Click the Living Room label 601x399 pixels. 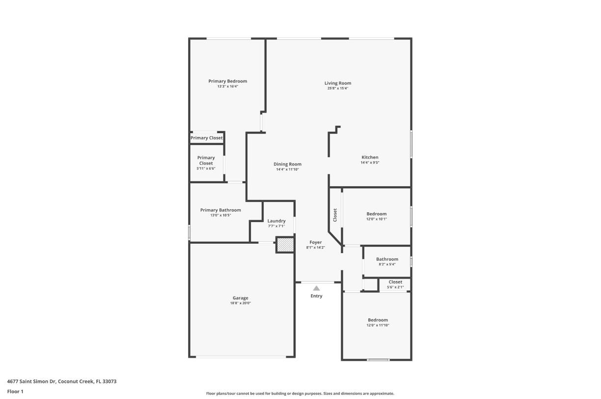pyautogui.click(x=338, y=83)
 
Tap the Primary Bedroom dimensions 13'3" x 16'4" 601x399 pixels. pyautogui.click(x=227, y=86)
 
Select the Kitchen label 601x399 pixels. pyautogui.click(x=370, y=157)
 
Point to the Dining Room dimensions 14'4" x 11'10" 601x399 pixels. pyautogui.click(x=287, y=170)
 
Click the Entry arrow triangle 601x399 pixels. pyautogui.click(x=317, y=288)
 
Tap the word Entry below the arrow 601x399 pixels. pyautogui.click(x=317, y=296)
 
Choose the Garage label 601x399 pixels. pyautogui.click(x=240, y=298)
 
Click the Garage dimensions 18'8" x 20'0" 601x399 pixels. pyautogui.click(x=240, y=303)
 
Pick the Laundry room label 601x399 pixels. pyautogui.click(x=276, y=221)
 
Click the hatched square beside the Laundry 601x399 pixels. pyautogui.click(x=285, y=245)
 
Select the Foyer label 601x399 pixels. pyautogui.click(x=315, y=242)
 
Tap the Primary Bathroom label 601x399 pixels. pyautogui.click(x=220, y=210)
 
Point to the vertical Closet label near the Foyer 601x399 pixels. pyautogui.click(x=335, y=215)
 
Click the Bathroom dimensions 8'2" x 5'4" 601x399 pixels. pyautogui.click(x=387, y=264)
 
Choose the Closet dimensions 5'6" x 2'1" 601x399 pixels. pyautogui.click(x=395, y=287)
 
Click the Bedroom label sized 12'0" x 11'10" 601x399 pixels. pyautogui.click(x=378, y=320)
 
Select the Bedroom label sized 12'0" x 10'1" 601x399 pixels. pyautogui.click(x=377, y=214)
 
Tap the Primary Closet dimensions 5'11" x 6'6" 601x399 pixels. pyautogui.click(x=206, y=169)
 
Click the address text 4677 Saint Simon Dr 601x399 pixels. pyautogui.click(x=32, y=381)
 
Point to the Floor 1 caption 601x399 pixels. pyautogui.click(x=15, y=392)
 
